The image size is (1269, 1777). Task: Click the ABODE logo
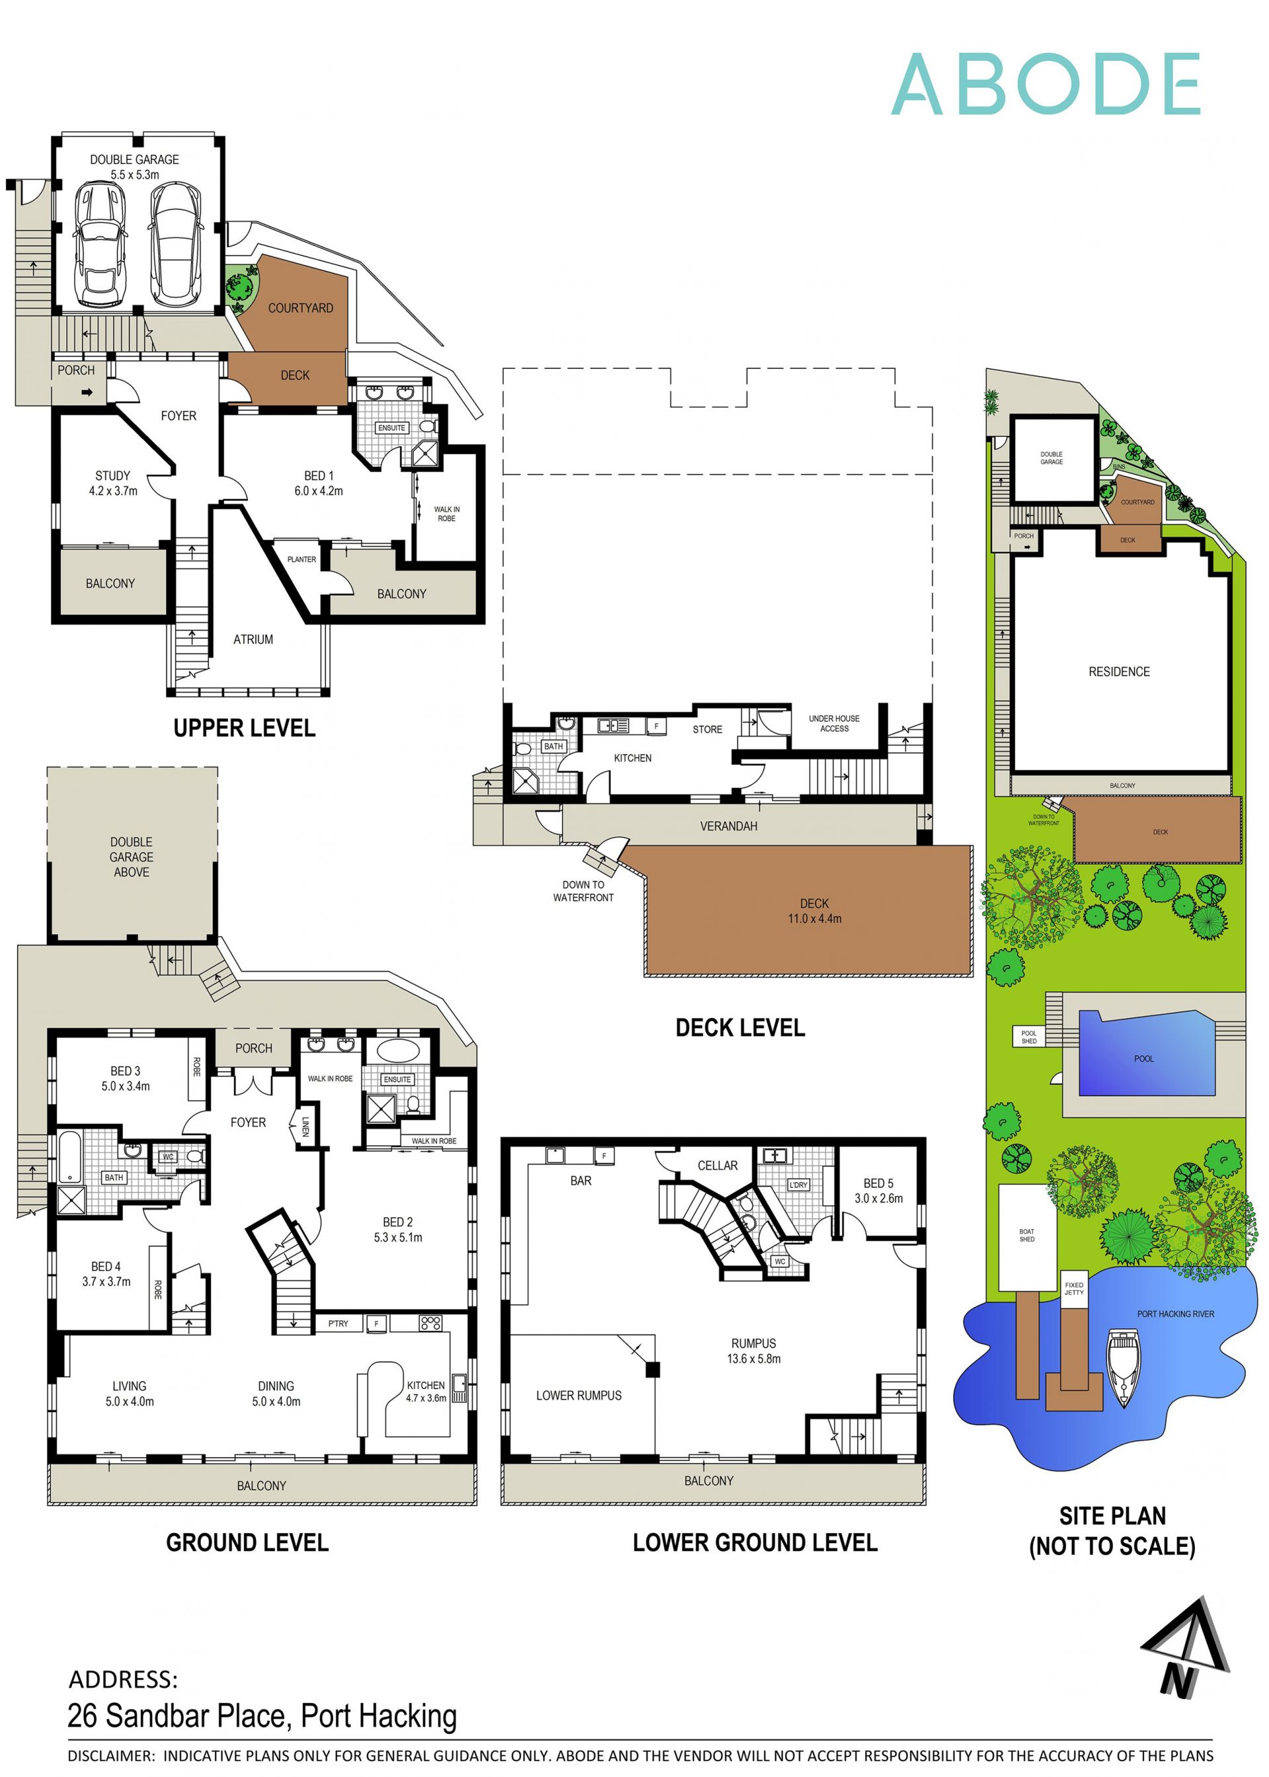1045,85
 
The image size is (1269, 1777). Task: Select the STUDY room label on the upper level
112,476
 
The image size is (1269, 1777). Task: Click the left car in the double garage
100,244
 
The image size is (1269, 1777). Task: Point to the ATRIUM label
253,639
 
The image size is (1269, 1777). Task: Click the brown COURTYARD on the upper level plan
300,305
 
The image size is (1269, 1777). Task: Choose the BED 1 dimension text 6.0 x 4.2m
318,491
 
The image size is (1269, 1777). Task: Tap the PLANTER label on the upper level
301,559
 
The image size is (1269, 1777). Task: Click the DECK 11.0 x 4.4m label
814,911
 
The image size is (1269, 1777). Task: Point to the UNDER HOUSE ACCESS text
833,724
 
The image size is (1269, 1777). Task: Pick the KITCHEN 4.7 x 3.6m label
426,1391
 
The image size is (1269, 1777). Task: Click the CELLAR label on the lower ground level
717,1166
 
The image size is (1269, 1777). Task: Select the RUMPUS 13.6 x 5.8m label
753,1351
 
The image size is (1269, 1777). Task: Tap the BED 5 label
878,1184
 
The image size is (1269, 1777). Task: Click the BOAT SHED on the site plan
1026,1236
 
